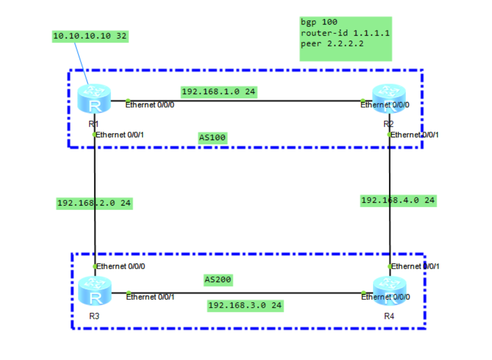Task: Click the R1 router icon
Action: coord(95,99)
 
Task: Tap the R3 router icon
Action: coord(95,291)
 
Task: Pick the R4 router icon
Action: coord(390,291)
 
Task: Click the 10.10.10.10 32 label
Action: coord(90,37)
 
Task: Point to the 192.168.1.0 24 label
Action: coord(218,91)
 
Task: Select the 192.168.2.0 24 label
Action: coord(94,203)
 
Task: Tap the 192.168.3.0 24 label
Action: coord(245,305)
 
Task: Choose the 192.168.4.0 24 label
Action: coord(398,200)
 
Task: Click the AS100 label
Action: coord(212,138)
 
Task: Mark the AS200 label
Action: coord(218,280)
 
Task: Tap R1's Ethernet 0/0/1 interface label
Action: coord(121,135)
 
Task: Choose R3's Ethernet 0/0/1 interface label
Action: coord(150,297)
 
